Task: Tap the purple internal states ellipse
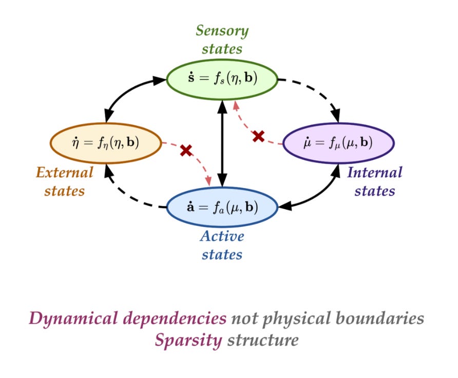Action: click(x=338, y=142)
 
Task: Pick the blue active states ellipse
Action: click(x=222, y=207)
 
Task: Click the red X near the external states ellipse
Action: click(x=186, y=150)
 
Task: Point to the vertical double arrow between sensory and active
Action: click(x=222, y=144)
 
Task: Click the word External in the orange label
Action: click(x=65, y=172)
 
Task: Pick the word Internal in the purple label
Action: click(x=375, y=172)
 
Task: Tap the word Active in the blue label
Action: click(x=222, y=237)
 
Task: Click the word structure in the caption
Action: click(x=263, y=339)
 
